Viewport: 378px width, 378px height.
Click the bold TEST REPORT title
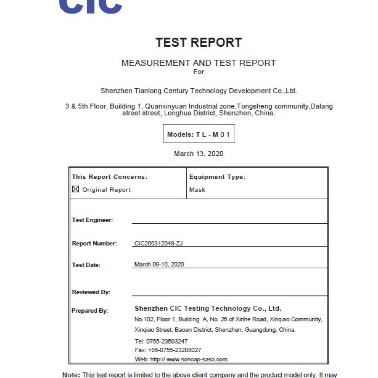(199, 42)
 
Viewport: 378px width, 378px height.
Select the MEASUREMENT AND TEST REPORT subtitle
(199, 63)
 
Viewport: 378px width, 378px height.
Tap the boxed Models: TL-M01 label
(199, 134)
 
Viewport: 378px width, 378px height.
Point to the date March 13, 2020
(199, 154)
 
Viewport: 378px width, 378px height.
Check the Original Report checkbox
(76, 189)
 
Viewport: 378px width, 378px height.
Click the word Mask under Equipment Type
(197, 190)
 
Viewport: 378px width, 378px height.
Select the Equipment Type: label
(217, 177)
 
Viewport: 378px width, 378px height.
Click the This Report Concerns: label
(110, 177)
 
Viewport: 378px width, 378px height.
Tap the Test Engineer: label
(92, 220)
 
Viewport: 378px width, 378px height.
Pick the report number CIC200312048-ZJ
(159, 243)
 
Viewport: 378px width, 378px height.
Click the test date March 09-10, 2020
(159, 264)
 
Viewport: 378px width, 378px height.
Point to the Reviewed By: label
(91, 292)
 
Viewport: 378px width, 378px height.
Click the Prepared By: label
(90, 311)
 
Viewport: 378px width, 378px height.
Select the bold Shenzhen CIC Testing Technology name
(208, 309)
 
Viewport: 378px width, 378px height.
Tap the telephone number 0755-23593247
(167, 341)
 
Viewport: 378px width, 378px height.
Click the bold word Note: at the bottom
(71, 375)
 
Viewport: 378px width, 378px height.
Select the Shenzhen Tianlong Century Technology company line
(199, 91)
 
